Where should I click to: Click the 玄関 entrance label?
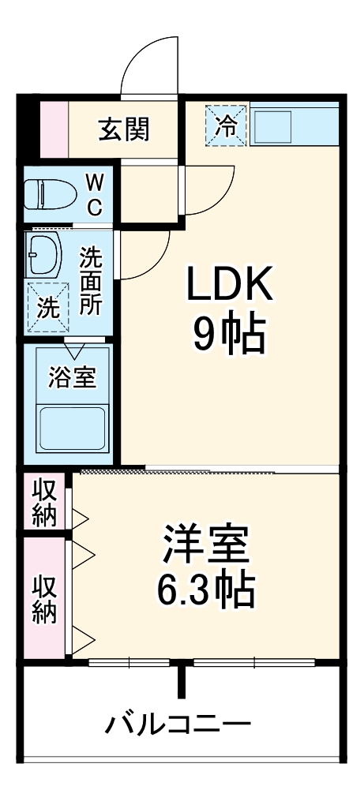123,128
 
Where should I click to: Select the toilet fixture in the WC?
48,193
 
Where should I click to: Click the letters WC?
93,195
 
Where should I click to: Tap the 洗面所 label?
92,281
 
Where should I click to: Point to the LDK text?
229,286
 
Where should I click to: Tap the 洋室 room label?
207,545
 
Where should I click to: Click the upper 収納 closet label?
45,502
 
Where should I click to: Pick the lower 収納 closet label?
45,599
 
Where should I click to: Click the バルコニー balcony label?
181,723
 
